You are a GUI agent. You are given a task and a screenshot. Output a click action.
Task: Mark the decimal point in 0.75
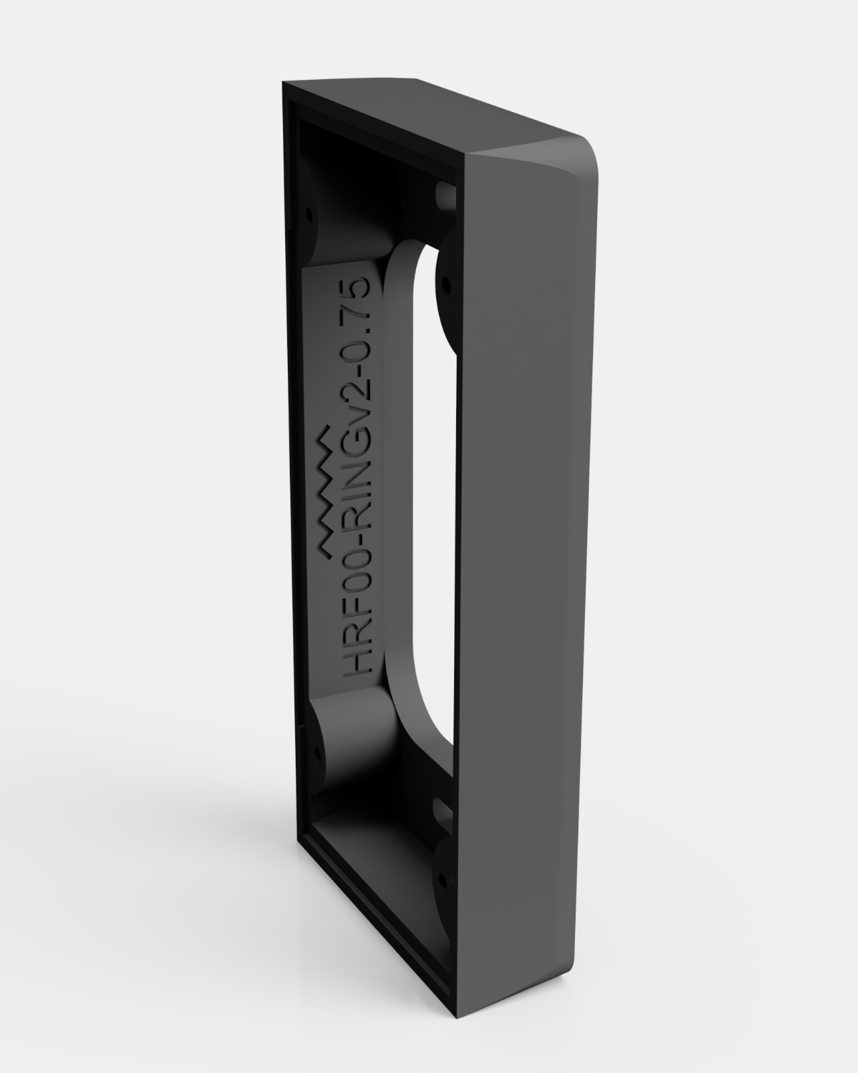[367, 335]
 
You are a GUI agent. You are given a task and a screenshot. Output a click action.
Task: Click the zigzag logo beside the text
[327, 490]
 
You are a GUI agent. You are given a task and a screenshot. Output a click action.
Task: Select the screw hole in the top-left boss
[309, 214]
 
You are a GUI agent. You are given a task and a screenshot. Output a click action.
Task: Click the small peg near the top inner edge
[445, 194]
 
